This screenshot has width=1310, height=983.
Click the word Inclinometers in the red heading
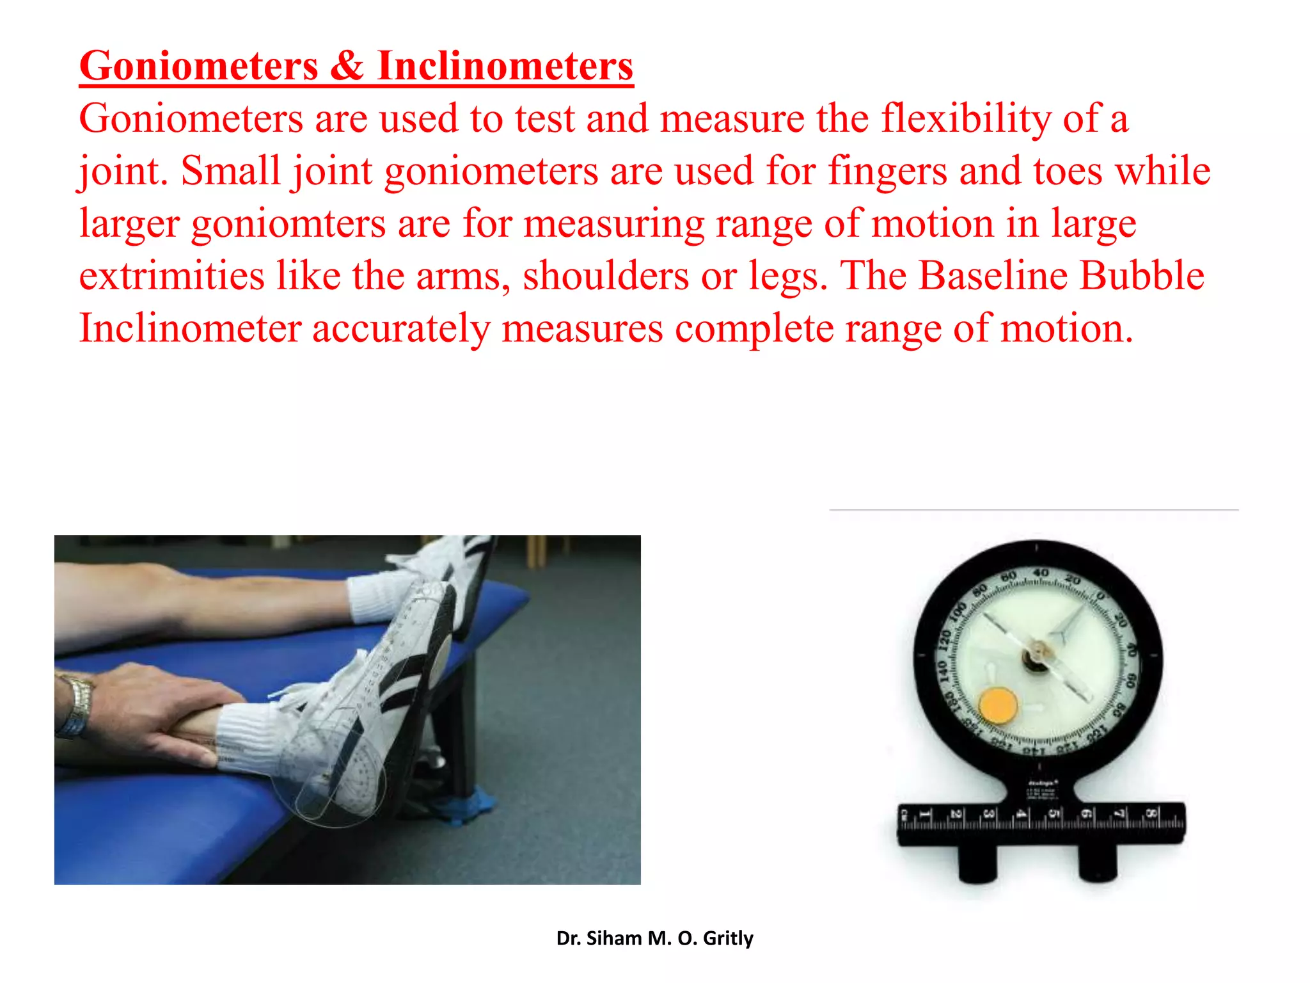505,66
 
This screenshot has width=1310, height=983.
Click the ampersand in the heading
347,66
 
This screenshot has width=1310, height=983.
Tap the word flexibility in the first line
966,119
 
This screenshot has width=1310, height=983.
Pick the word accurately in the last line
400,329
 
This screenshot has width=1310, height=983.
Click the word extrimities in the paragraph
171,276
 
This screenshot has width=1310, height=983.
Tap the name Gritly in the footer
728,938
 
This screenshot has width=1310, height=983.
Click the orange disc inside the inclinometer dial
998,705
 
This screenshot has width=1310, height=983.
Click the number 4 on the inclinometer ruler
1021,814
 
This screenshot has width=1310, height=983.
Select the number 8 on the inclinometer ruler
1149,814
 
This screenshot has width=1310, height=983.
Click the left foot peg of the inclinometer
978,865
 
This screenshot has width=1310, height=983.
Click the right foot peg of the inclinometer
1098,865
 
